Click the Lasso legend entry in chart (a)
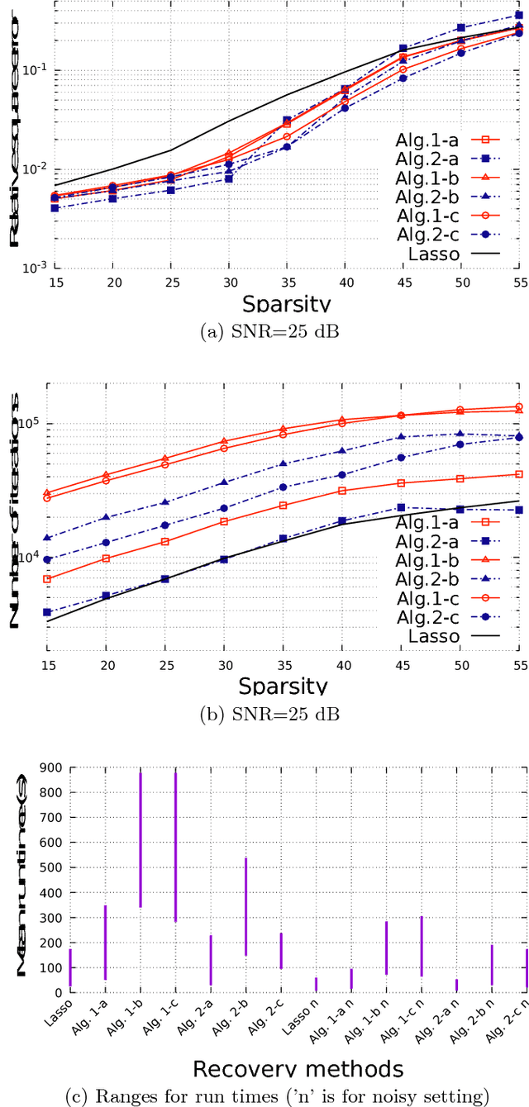pyautogui.click(x=433, y=254)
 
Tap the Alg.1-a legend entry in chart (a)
pyautogui.click(x=433, y=140)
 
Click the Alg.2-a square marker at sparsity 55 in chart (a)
pyautogui.click(x=519, y=16)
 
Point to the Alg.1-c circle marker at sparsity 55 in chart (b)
pyautogui.click(x=519, y=406)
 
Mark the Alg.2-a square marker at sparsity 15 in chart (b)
pyautogui.click(x=48, y=612)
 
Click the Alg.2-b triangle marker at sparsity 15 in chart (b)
pyautogui.click(x=48, y=538)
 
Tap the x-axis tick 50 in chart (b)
pyautogui.click(x=460, y=666)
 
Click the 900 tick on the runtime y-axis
pyautogui.click(x=54, y=767)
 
